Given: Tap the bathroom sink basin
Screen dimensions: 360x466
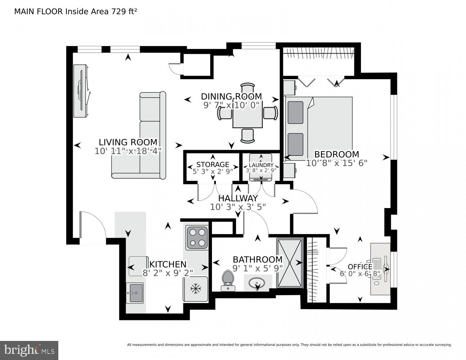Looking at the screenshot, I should click(x=258, y=283).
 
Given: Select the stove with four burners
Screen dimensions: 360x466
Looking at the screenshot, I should click(x=197, y=237).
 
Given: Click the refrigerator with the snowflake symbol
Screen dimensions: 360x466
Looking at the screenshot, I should click(x=196, y=288).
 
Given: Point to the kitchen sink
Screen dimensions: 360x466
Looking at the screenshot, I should click(x=135, y=293).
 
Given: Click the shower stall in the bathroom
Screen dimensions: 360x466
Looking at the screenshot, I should click(x=290, y=263).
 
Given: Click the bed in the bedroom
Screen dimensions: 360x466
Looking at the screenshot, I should click(x=318, y=128).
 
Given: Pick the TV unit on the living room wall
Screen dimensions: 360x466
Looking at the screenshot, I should click(x=81, y=91).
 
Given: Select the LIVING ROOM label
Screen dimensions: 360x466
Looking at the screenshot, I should click(x=128, y=142).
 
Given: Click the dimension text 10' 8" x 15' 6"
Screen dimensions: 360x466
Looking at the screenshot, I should click(x=336, y=163).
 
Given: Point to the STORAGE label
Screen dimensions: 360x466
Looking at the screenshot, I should click(x=213, y=165).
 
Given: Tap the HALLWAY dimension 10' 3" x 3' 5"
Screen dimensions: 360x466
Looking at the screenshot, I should click(x=238, y=207).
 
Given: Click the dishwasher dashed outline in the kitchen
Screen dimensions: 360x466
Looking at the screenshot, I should click(x=138, y=266).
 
